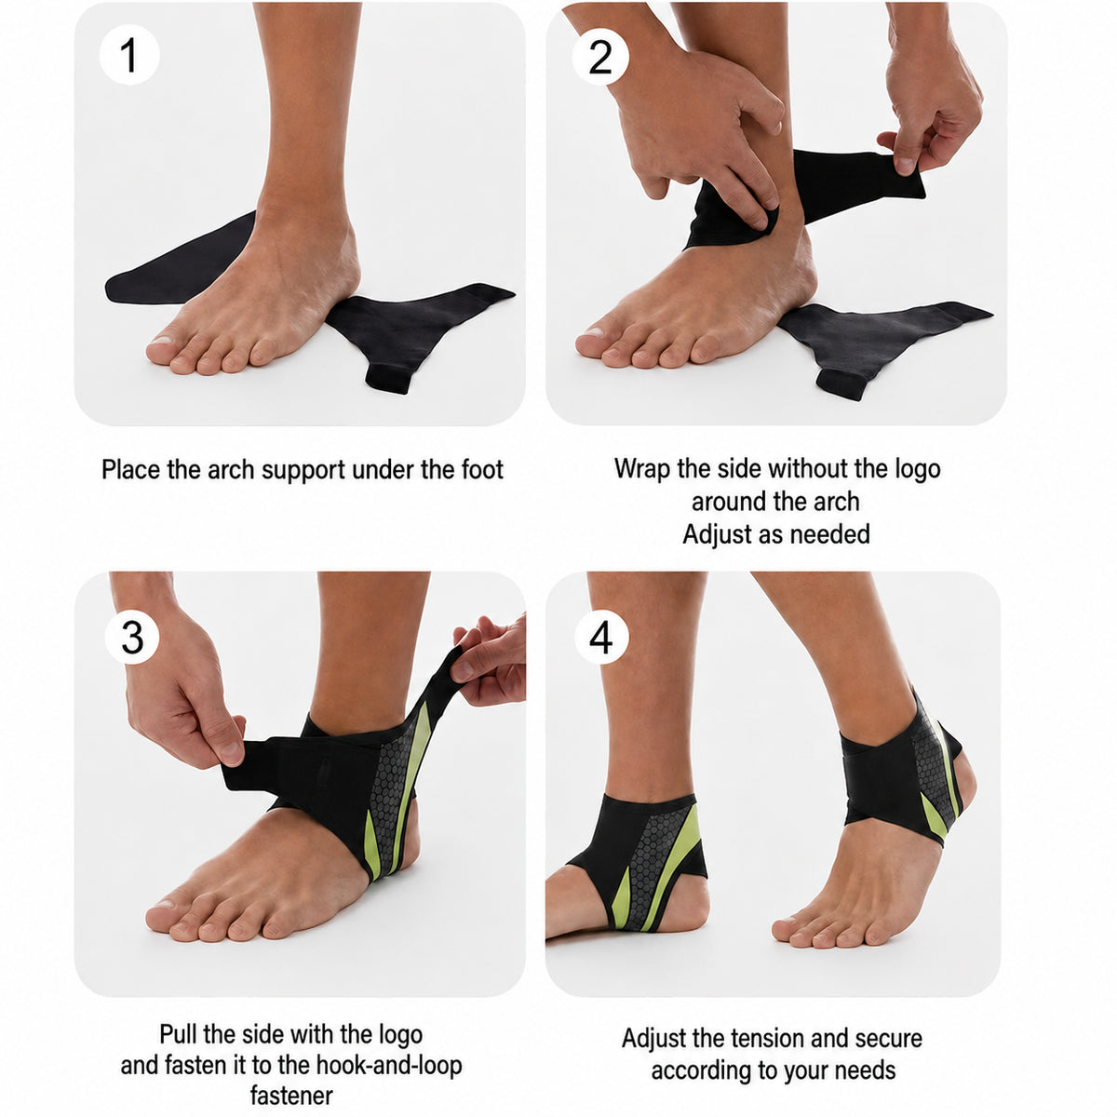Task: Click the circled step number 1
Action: coord(129,55)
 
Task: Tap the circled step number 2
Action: coord(600,57)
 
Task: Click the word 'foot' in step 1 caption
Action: coord(482,469)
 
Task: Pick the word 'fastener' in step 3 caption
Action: coord(291,1047)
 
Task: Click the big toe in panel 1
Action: coord(163,349)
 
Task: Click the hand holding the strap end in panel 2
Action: coord(927,99)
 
